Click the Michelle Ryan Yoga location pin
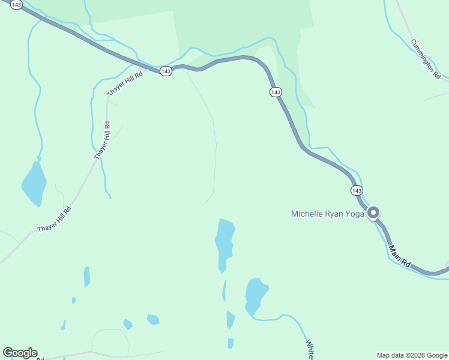pyautogui.click(x=373, y=213)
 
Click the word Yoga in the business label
pyautogui.click(x=355, y=214)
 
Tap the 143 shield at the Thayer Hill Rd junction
pyautogui.click(x=166, y=71)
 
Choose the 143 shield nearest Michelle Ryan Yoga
pyautogui.click(x=357, y=190)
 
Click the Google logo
pyautogui.click(x=20, y=353)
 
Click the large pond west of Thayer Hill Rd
pyautogui.click(x=34, y=182)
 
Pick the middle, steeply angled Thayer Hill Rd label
pyautogui.click(x=103, y=140)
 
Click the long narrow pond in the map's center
pyautogui.click(x=224, y=242)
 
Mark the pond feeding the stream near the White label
pyautogui.click(x=256, y=295)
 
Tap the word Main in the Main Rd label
pyautogui.click(x=394, y=251)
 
